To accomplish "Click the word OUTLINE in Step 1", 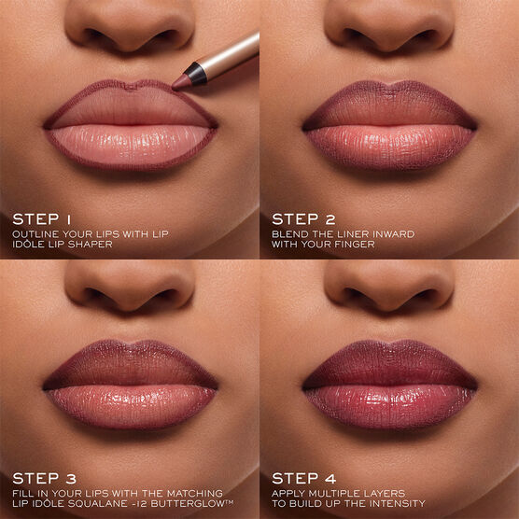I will tap(36, 235).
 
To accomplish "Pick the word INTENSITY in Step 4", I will tap(397, 504).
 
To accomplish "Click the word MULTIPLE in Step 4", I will tap(332, 492).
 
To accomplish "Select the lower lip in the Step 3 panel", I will tap(131, 401).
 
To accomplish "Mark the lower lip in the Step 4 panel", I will tap(389, 401).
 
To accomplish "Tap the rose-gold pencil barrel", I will tap(229, 55).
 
